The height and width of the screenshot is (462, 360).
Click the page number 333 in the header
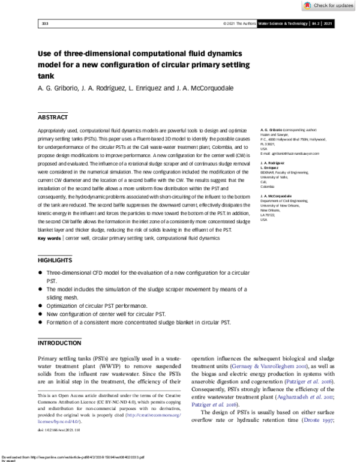point(44,24)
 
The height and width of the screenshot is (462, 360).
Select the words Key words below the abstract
point(49,255)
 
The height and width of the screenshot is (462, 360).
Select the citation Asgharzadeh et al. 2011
point(293,398)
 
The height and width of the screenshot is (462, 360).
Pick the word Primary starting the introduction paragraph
point(51,357)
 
